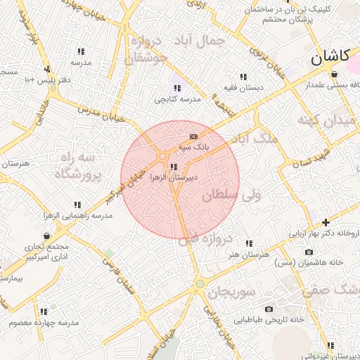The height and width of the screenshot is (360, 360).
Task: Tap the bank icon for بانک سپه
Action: click(193, 136)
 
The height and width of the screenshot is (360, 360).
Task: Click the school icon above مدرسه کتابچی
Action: click(176, 88)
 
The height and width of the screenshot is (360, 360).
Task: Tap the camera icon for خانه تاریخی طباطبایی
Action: click(269, 309)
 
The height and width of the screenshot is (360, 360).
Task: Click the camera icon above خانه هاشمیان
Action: click(309, 252)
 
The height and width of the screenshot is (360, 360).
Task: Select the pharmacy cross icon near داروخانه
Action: click(325, 222)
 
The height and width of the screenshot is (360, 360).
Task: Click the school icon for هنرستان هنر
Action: click(249, 243)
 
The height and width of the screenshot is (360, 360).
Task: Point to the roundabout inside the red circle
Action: click(162, 156)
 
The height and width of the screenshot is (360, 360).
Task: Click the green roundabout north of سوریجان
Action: click(200, 284)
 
